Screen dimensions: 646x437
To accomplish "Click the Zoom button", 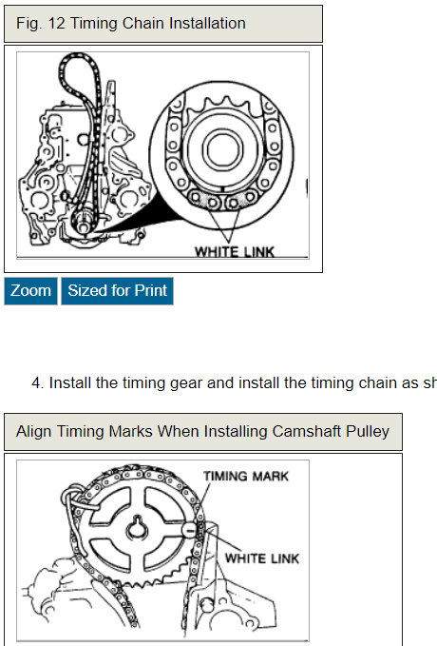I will (x=30, y=291).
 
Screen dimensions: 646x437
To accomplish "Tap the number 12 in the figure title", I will (x=54, y=23).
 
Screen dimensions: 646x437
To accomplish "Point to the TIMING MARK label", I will (x=245, y=476).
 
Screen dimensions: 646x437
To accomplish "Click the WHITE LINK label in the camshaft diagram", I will (x=259, y=558).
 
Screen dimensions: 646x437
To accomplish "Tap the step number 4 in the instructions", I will (x=37, y=382).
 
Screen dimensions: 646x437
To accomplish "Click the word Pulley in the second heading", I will (x=363, y=431).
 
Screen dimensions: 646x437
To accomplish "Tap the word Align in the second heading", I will (x=35, y=431).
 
